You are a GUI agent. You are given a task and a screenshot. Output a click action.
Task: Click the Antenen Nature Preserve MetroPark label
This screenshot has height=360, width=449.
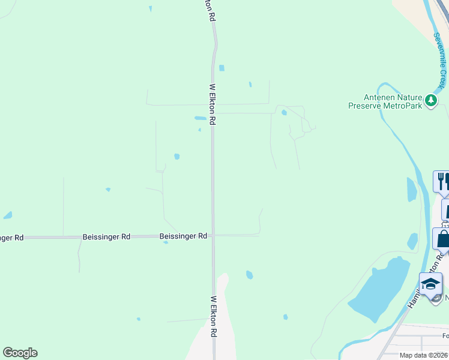[385, 101]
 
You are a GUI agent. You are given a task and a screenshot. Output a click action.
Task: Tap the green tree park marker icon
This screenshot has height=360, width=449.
[430, 100]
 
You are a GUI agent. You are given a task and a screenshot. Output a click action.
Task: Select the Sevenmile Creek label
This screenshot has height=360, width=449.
[442, 61]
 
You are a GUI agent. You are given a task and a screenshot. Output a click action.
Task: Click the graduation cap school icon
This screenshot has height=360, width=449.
[430, 283]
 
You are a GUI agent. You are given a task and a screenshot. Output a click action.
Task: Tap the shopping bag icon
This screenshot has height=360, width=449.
[442, 239]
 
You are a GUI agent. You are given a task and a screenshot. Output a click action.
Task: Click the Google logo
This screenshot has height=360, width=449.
[20, 353]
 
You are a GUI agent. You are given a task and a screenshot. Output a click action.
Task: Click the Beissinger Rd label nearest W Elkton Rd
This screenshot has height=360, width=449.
[183, 236]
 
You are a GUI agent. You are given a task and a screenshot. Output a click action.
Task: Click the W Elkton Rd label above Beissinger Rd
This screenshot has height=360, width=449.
[212, 104]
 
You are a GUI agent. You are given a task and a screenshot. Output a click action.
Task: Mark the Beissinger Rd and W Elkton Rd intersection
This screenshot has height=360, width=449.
[212, 235]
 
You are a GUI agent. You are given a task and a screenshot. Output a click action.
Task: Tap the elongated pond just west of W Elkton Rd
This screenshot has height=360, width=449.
[200, 118]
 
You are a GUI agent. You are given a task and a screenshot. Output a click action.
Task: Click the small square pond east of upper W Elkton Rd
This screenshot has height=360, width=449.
[221, 68]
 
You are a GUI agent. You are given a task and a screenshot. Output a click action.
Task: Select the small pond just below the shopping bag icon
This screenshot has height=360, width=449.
[412, 241]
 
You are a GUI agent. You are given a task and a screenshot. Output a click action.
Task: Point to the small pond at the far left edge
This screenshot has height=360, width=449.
[7, 215]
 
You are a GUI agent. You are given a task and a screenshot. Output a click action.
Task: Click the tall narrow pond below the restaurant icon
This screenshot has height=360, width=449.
[412, 190]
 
